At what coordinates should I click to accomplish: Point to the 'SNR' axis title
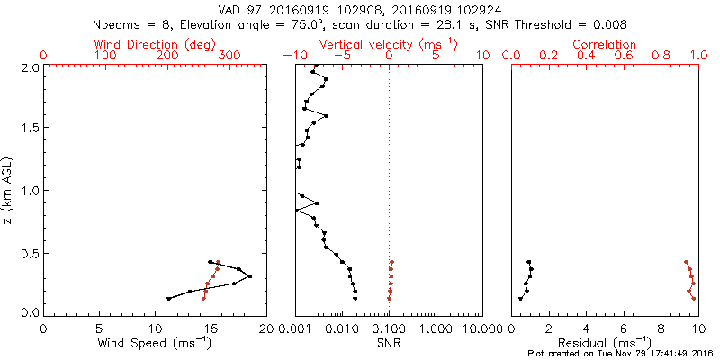pos(389,342)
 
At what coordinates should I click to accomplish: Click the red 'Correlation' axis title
pos(605,44)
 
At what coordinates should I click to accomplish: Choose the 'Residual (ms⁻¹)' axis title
pos(605,342)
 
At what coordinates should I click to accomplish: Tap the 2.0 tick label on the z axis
pos(30,67)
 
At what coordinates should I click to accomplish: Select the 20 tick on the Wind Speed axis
pos(265,328)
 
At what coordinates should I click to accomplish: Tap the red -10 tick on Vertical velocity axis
pos(292,56)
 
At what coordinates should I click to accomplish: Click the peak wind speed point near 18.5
pos(249,276)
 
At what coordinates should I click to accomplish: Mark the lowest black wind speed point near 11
pos(169,298)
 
